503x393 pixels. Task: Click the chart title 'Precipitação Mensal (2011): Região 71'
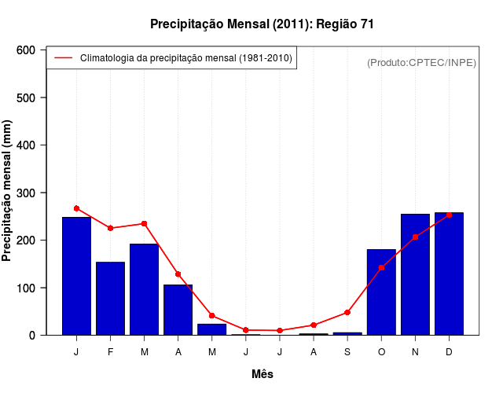pyautogui.click(x=262, y=24)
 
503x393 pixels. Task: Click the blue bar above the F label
pyautogui.click(x=110, y=299)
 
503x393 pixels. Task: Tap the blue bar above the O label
pyautogui.click(x=381, y=292)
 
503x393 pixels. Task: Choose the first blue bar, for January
pyautogui.click(x=76, y=276)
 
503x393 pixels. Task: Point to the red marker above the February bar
pyautogui.click(x=110, y=228)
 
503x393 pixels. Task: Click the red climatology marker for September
pyautogui.click(x=347, y=312)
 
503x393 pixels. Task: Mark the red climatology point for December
pyautogui.click(x=449, y=215)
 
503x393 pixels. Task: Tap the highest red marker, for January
pyautogui.click(x=76, y=208)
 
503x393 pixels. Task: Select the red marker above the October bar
pyautogui.click(x=381, y=268)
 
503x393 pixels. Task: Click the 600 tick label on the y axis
pyautogui.click(x=26, y=50)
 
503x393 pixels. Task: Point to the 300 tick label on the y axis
pyautogui.click(x=26, y=193)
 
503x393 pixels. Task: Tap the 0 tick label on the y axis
pyautogui.click(x=32, y=336)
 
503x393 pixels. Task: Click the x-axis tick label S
pyautogui.click(x=347, y=352)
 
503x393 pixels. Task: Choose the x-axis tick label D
pyautogui.click(x=449, y=352)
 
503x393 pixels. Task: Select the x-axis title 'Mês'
pyautogui.click(x=263, y=374)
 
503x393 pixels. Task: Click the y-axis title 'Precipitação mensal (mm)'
pyautogui.click(x=8, y=192)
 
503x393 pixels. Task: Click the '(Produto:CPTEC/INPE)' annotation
pyautogui.click(x=421, y=62)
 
